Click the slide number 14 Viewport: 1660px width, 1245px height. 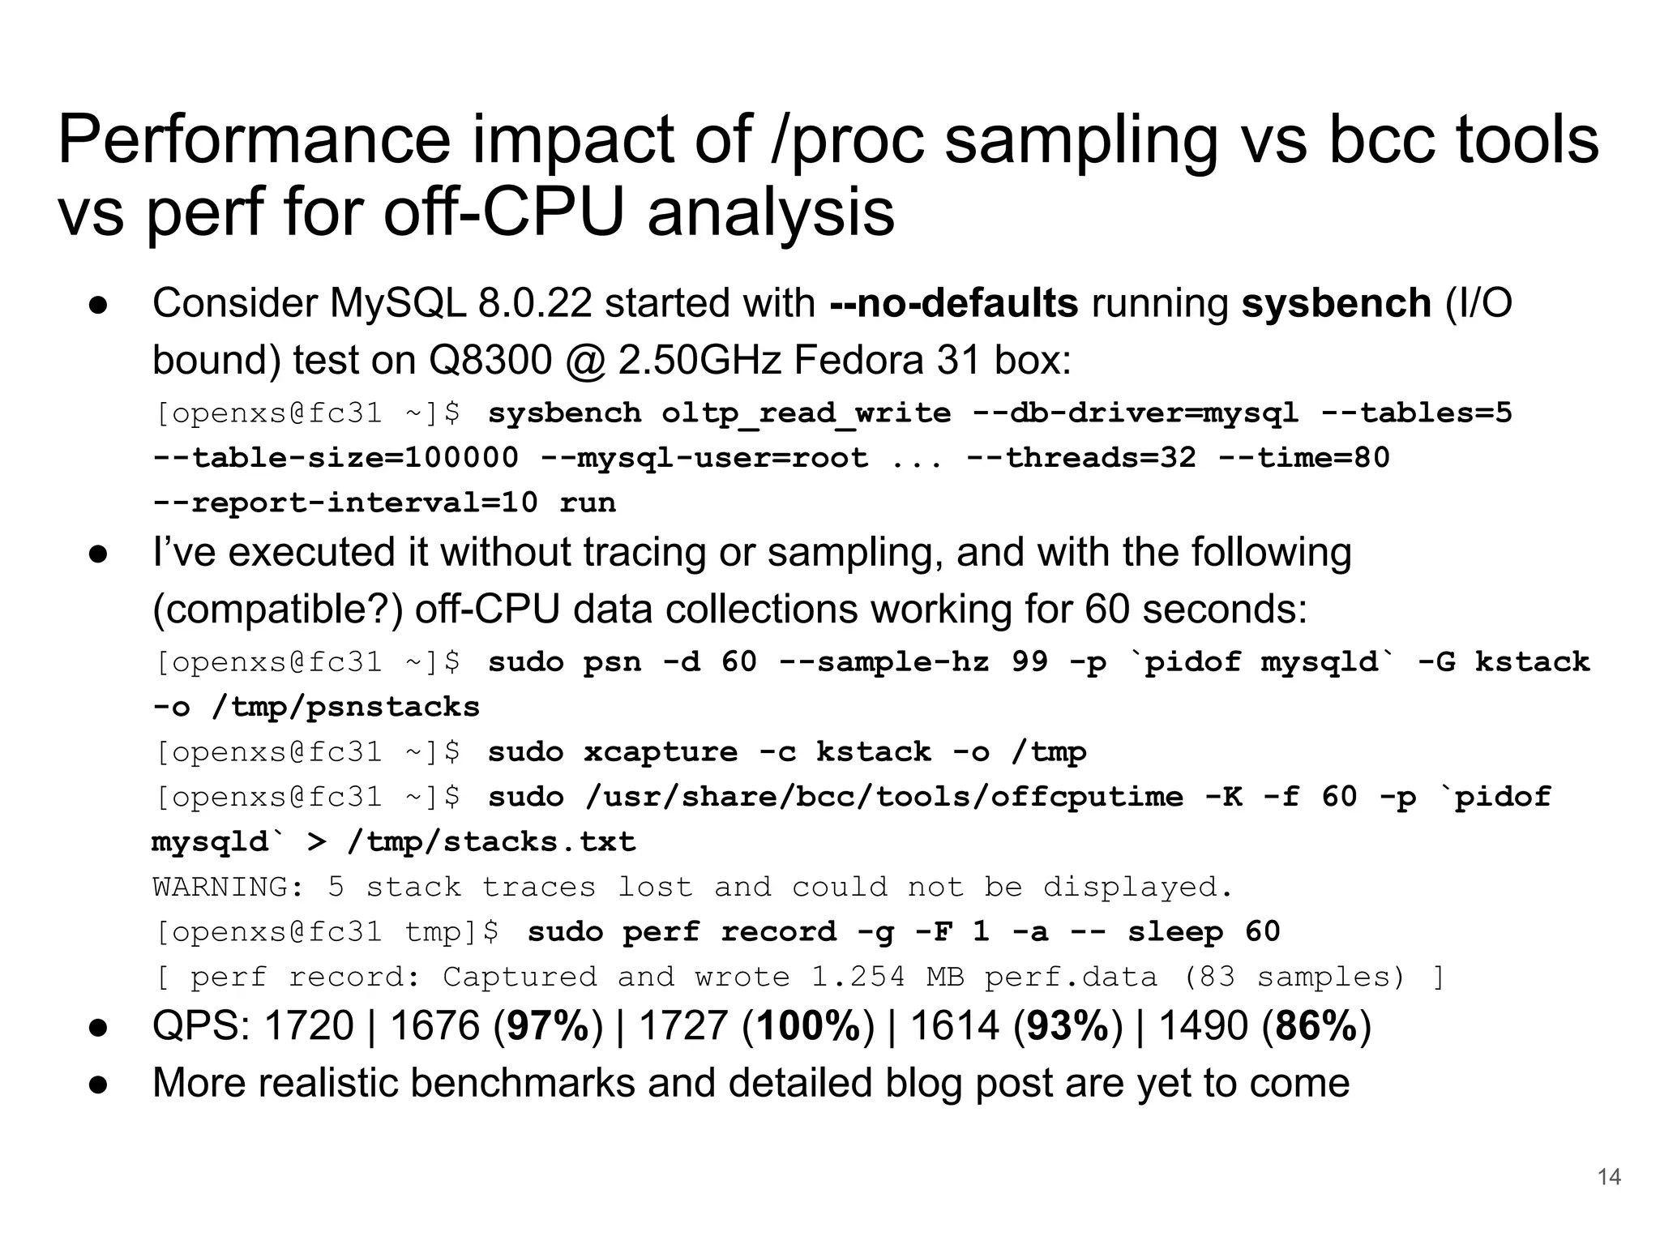pos(1609,1177)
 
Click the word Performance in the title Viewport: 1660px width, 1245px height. pos(254,139)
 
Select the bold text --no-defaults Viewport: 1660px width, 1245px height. pos(953,303)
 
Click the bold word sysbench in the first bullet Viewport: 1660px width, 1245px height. pos(1336,303)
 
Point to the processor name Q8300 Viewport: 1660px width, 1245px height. pos(489,360)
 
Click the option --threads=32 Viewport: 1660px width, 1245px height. pos(1081,458)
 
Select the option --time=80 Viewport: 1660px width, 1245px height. pos(1304,458)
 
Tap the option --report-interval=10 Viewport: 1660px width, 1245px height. pos(345,503)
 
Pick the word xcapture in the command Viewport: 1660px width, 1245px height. pos(661,752)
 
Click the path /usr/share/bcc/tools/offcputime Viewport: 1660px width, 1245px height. pos(884,797)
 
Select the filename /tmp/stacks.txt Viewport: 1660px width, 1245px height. pos(491,842)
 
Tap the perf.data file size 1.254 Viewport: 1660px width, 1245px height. pos(858,977)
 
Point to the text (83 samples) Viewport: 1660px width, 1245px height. pos(1294,977)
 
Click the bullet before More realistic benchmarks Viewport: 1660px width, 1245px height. pos(99,1084)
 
